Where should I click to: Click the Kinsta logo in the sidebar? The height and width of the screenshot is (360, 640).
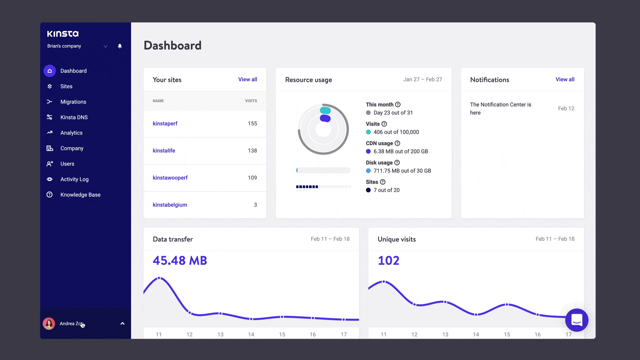pos(63,34)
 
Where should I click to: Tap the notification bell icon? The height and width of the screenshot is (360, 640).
pos(120,46)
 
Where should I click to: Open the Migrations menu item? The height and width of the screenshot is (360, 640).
pos(73,102)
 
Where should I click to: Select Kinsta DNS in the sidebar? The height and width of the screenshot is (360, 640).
pos(74,117)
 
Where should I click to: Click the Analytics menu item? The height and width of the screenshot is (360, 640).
pos(71,133)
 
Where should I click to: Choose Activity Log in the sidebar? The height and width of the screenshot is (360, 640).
pos(74,179)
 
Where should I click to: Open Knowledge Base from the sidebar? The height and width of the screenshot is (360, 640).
pos(80,195)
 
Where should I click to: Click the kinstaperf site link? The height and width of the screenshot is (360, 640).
pos(165,123)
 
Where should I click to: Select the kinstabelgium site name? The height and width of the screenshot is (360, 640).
pos(170,205)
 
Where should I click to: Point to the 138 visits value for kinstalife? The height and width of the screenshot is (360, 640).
pos(252,151)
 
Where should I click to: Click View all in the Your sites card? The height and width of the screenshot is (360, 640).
pos(247,79)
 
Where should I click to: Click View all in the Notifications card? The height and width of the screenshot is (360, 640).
pos(565,79)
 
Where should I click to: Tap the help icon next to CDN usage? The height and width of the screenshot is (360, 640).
pos(397,143)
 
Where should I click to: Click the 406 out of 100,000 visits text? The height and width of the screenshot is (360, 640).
pos(396,132)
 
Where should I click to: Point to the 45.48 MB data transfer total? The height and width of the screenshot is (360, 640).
pos(180,261)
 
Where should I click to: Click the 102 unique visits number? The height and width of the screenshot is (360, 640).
pos(388,261)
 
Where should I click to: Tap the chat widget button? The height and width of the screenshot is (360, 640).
pos(577,320)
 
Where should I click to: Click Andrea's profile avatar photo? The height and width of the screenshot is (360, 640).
pos(49,323)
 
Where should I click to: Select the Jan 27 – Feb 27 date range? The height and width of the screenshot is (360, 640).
pos(422,79)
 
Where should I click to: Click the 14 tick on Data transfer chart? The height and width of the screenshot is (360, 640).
pos(251,334)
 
